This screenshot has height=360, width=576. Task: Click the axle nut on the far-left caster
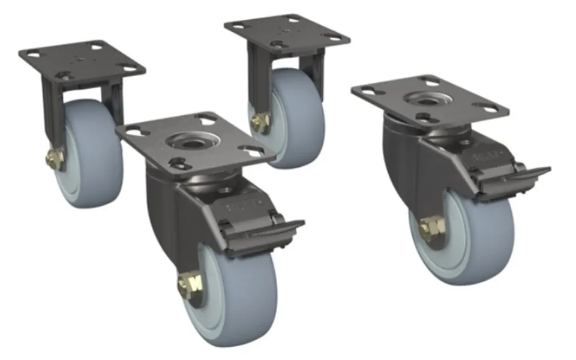click(53, 159)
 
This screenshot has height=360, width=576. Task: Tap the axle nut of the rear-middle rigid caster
click(260, 122)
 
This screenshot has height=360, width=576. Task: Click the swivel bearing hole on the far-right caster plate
click(427, 100)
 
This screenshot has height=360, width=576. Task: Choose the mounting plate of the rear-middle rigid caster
click(287, 30)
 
